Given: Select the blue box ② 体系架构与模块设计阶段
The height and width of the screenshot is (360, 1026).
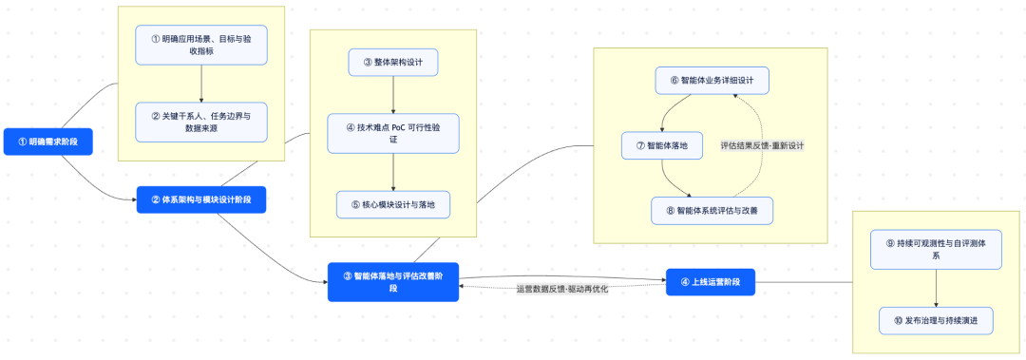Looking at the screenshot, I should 200,199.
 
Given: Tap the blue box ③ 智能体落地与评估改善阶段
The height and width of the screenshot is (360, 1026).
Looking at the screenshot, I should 392,282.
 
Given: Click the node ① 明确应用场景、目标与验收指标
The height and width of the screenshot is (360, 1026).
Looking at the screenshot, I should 201,45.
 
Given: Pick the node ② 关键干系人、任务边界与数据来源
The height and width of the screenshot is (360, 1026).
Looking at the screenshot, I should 201,121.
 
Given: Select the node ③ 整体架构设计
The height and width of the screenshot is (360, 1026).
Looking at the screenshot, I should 393,64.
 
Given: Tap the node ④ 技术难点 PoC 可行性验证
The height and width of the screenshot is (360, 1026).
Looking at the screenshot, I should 393,133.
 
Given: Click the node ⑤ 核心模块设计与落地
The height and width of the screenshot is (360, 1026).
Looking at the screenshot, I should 393,203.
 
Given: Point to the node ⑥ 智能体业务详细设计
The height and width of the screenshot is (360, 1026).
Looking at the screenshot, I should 712,80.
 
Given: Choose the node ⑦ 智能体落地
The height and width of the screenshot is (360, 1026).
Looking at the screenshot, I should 661,145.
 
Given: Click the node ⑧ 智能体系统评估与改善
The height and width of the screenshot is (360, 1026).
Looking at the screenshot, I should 712,210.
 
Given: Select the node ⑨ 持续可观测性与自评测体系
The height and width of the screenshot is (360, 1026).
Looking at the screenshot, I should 937,249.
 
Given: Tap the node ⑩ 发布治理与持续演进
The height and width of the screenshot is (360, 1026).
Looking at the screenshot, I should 937,321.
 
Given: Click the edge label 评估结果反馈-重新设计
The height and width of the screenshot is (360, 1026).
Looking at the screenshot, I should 762,145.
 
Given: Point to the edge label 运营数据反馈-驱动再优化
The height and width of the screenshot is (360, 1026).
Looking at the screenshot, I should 561,289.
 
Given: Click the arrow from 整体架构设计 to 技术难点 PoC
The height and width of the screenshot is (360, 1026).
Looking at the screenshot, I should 393,96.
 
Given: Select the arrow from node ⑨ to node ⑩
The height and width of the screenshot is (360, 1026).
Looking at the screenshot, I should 937,288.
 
